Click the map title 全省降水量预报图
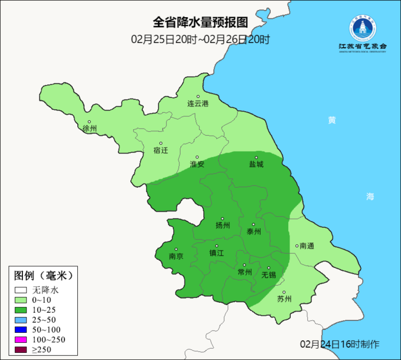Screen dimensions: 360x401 click(x=200, y=22)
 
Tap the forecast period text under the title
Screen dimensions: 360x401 click(x=200, y=40)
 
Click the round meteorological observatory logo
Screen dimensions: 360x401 click(x=363, y=28)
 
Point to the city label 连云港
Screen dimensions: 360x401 click(x=198, y=104)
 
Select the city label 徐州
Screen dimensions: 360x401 click(x=89, y=128)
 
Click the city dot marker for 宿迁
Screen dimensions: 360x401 click(x=161, y=143)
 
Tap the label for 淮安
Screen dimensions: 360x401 click(x=197, y=164)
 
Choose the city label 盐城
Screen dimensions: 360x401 click(x=256, y=164)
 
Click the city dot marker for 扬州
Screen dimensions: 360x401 click(x=223, y=218)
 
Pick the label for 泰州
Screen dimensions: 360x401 click(x=254, y=232)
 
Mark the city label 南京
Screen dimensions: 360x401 click(x=176, y=256)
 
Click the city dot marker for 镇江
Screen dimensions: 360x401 click(x=216, y=246)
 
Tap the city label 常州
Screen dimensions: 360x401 click(x=244, y=272)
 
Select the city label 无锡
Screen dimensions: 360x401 click(x=269, y=275)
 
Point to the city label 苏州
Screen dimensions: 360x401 click(x=284, y=299)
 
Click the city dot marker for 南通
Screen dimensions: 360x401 click(x=297, y=246)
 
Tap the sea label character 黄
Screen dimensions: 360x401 click(x=332, y=120)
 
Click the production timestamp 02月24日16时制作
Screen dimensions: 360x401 click(x=340, y=344)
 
